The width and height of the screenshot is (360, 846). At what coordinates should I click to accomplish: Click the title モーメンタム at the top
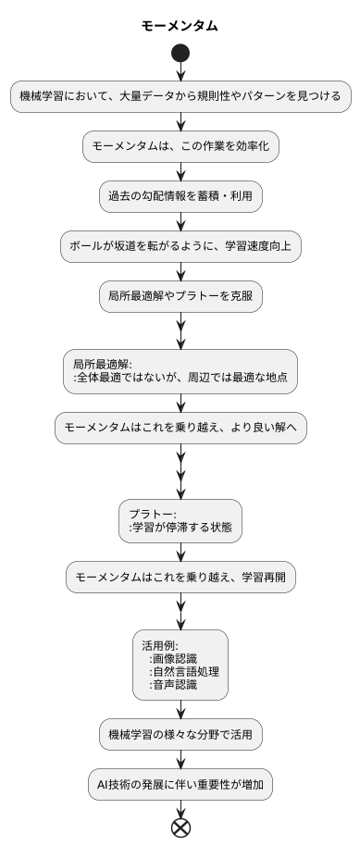point(180,26)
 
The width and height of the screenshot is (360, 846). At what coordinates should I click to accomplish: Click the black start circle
point(180,54)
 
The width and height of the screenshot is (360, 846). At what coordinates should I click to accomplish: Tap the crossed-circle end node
point(180,826)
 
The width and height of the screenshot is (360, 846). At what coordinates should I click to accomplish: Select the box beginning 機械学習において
point(180,95)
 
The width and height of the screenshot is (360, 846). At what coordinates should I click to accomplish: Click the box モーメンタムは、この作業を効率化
point(180,145)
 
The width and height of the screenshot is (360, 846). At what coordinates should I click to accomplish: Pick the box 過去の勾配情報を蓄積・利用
point(180,195)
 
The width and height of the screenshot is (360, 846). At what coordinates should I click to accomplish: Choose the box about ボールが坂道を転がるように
point(180,246)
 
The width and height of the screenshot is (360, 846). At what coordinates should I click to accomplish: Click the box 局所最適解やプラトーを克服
point(180,296)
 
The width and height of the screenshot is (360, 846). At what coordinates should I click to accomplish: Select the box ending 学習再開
point(180,577)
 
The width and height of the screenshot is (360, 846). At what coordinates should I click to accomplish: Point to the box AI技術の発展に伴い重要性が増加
point(180,784)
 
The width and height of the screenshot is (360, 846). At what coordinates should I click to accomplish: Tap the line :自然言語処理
point(184,672)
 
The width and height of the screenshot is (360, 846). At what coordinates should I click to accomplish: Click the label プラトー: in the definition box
point(154,514)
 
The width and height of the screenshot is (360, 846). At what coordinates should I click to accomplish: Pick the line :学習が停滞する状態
point(180,528)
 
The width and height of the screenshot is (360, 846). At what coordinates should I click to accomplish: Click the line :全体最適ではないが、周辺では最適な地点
point(180,378)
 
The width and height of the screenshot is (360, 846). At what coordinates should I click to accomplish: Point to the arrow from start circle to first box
point(180,73)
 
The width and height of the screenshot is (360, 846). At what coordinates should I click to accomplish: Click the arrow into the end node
point(180,808)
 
